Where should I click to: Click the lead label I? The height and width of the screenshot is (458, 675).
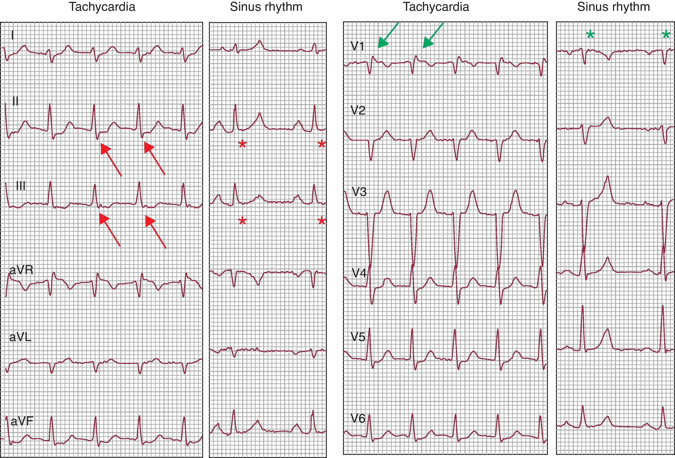[x=12, y=35]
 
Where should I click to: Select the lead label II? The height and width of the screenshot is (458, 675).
[x=15, y=101]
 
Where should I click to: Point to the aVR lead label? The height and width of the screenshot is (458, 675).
[x=21, y=270]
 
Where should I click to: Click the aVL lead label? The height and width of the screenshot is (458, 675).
[x=20, y=337]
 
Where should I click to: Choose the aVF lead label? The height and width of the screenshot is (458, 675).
[x=22, y=421]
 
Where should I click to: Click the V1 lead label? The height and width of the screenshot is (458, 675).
[x=357, y=46]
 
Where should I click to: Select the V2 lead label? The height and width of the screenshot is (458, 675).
[x=358, y=110]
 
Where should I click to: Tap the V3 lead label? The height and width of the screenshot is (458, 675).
[x=359, y=192]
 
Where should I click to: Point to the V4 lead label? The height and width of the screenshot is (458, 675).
[x=359, y=273]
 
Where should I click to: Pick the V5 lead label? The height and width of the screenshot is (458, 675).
[x=358, y=337]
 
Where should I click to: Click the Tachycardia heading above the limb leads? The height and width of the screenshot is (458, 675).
[x=102, y=7]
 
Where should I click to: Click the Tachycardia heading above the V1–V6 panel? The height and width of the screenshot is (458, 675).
[x=436, y=7]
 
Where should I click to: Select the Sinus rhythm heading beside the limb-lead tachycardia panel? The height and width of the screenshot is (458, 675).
[x=266, y=7]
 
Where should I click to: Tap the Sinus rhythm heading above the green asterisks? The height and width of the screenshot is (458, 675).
[x=613, y=7]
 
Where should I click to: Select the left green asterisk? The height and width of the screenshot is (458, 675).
[x=590, y=35]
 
